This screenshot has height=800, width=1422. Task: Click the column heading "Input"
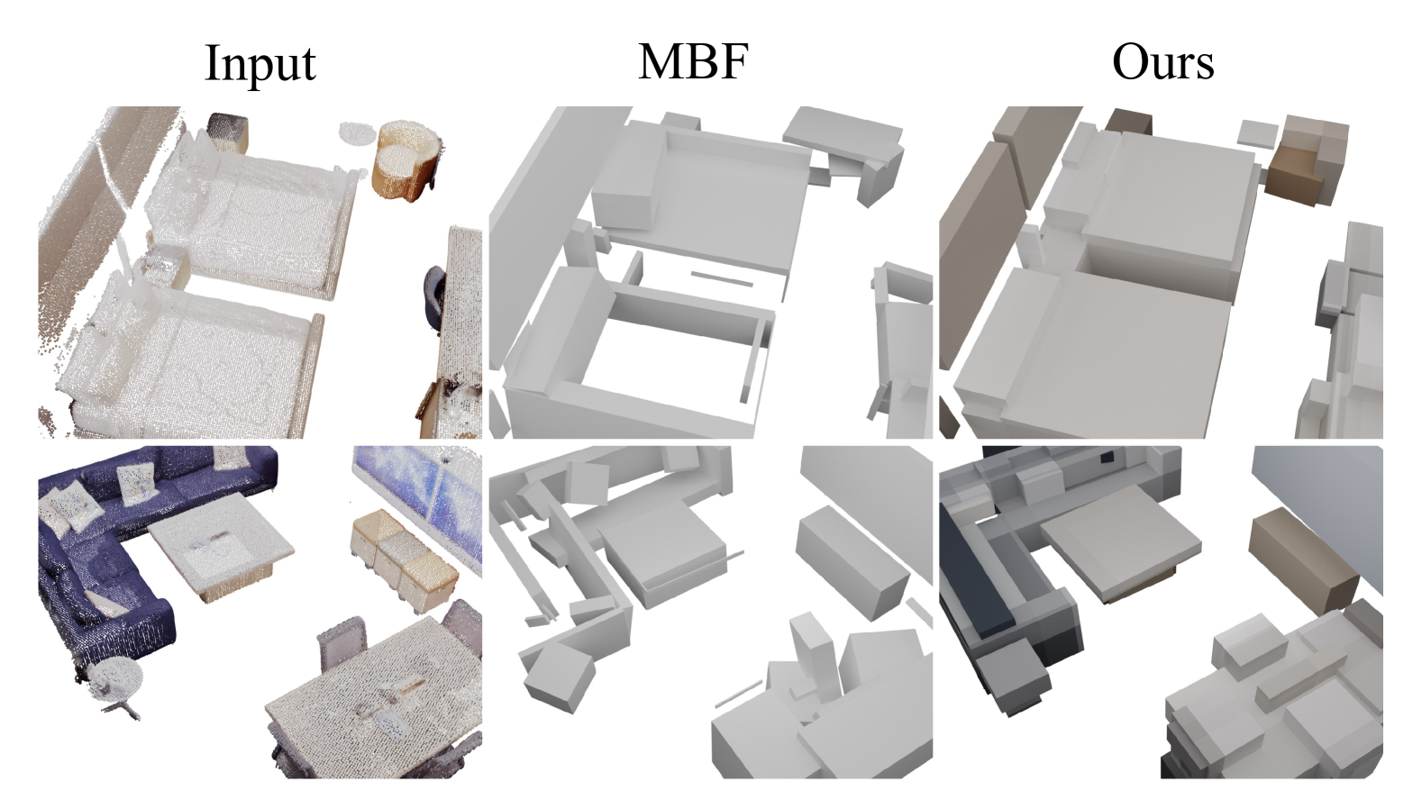coord(260,63)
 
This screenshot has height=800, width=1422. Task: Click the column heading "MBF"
coord(693,61)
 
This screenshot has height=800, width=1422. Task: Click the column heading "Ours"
coord(1163,62)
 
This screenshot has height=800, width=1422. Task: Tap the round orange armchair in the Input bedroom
coord(407,159)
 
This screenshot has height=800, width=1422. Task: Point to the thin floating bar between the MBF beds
coord(722,278)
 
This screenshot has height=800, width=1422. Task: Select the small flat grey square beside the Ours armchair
coord(1258,135)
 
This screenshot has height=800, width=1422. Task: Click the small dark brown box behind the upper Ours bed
coord(1129,122)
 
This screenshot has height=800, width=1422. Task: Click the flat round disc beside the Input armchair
coord(358,133)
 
